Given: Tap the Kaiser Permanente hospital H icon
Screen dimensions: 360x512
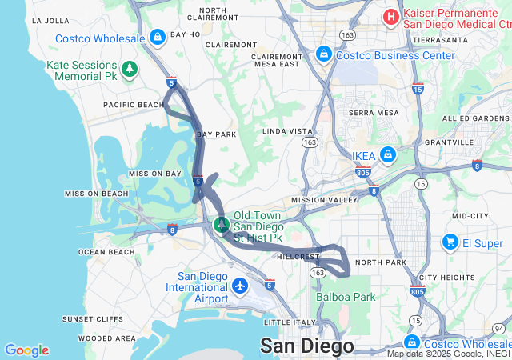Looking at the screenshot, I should point(390,16).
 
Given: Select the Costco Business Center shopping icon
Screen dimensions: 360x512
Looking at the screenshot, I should point(324,54).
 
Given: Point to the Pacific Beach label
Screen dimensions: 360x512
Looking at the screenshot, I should point(133,105).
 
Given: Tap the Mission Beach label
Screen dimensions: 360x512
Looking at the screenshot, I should point(96,193).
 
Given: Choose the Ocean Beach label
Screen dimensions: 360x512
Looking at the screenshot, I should point(106,252).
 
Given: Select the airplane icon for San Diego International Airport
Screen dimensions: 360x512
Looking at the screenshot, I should point(241,285).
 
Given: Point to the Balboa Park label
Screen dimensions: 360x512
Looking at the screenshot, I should point(346,297).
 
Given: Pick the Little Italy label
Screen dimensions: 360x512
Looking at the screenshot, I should point(284,322).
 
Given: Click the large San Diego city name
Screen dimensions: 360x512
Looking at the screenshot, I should point(306,346).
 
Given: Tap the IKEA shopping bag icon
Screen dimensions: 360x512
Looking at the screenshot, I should point(387,155).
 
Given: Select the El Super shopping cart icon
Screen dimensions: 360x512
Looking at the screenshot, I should point(450,242).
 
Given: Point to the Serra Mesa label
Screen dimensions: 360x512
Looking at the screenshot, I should point(373,113).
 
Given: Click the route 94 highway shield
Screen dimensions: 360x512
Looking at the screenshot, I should point(498,328).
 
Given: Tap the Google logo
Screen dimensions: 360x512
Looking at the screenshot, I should point(26,350).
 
